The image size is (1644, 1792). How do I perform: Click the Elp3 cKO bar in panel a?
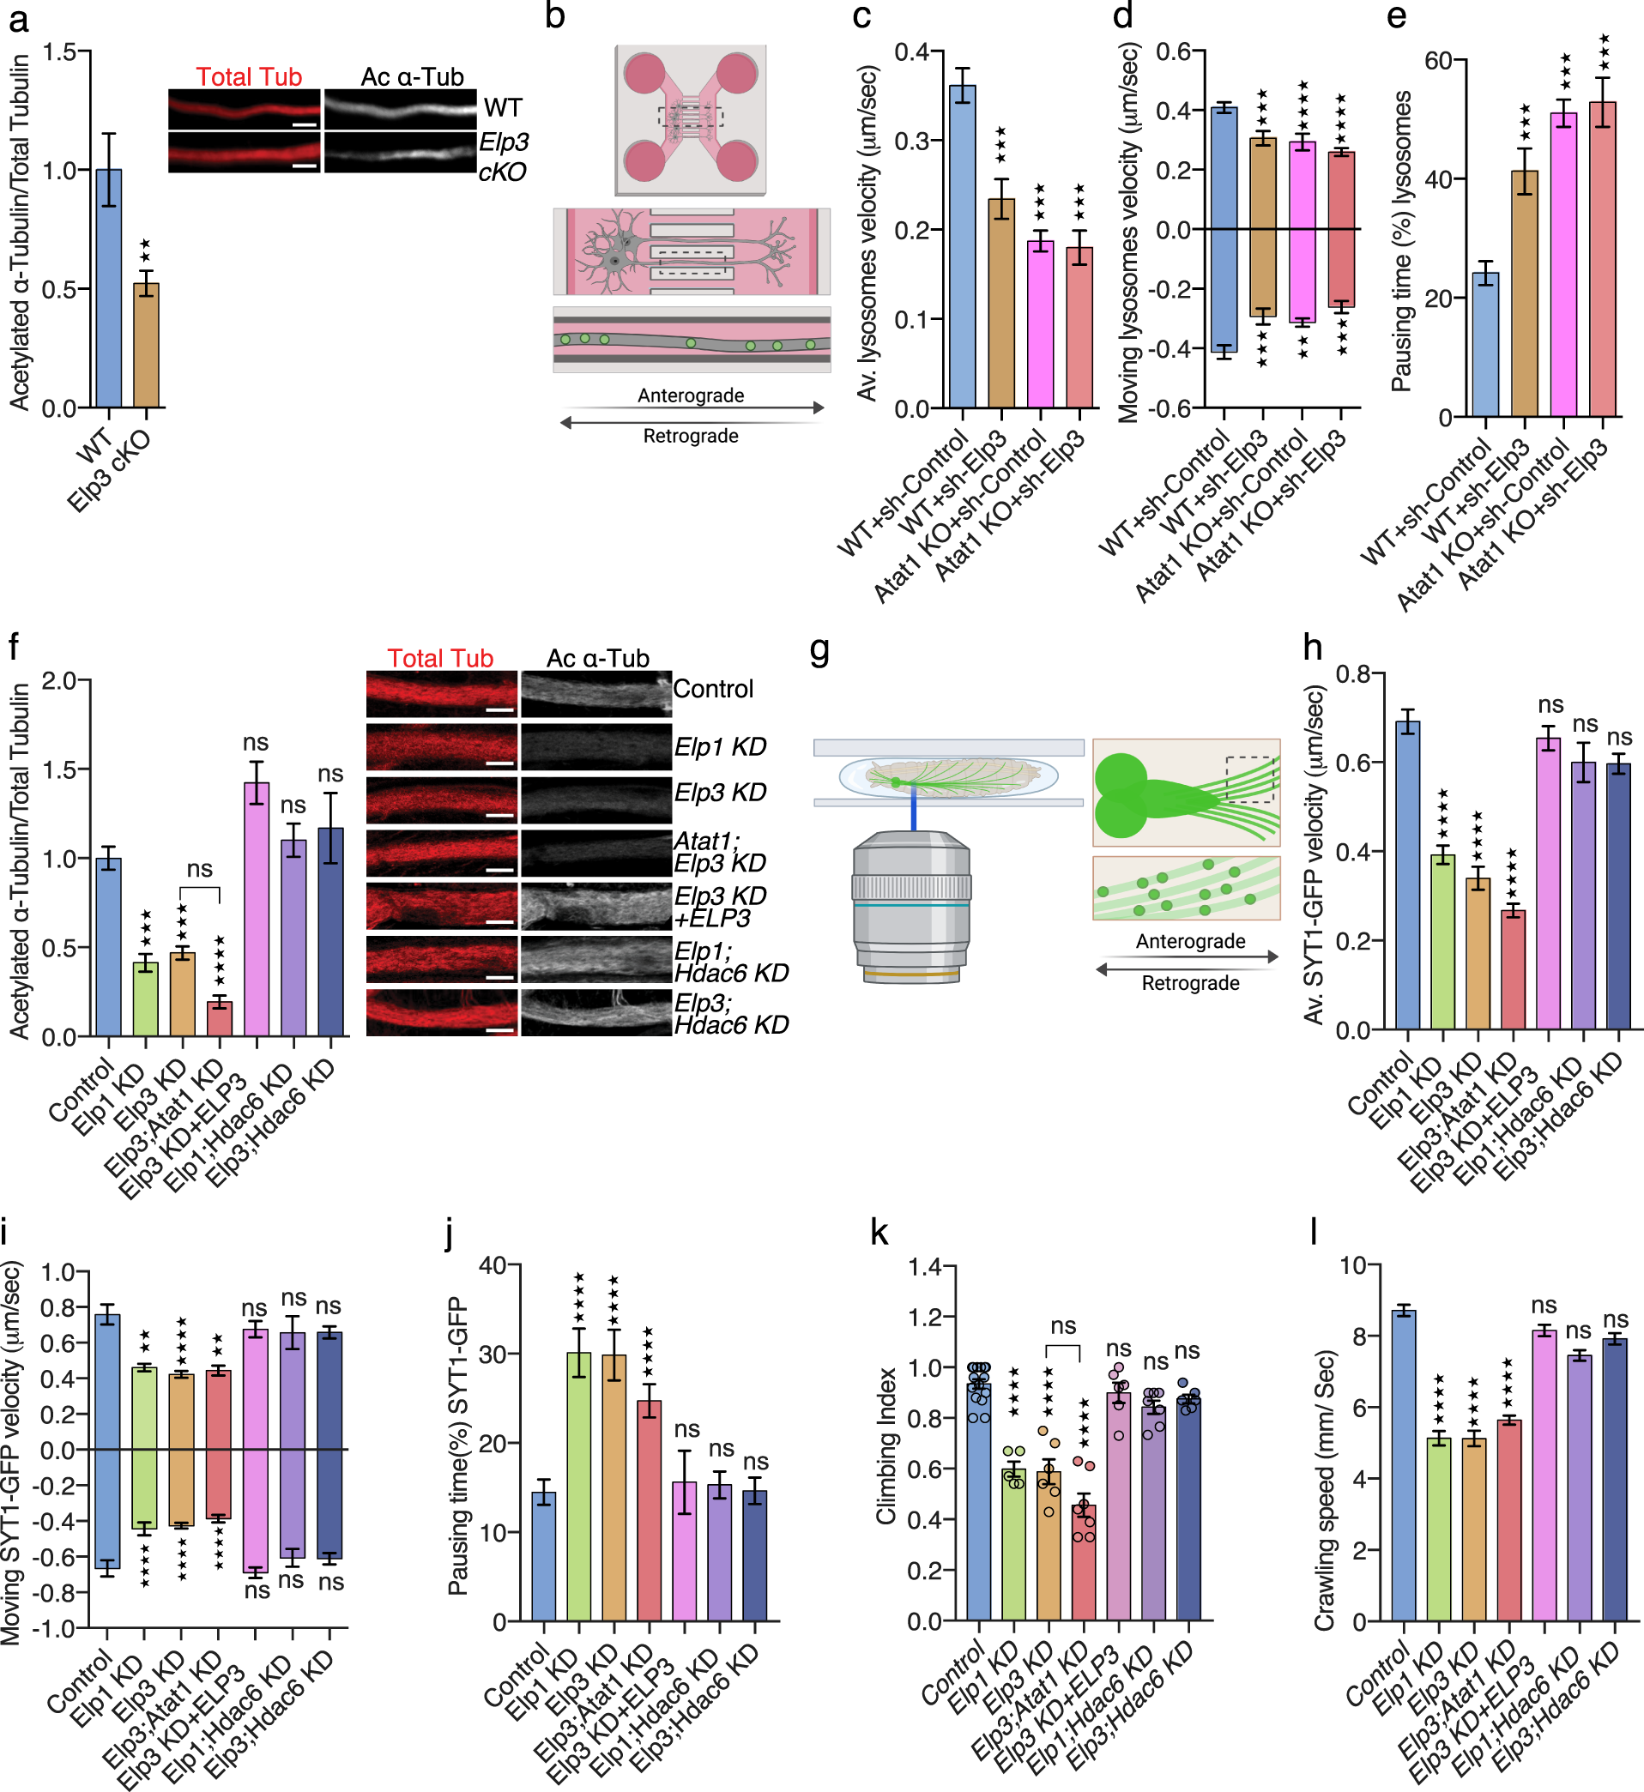[x=146, y=345]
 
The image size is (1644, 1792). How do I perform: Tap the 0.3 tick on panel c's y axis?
[x=912, y=142]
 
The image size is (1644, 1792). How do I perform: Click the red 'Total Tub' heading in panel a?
[x=249, y=77]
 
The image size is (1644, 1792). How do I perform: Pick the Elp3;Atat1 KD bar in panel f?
[x=220, y=1017]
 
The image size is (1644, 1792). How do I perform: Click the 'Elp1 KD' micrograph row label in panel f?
[x=720, y=747]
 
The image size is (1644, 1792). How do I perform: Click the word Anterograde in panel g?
[x=1190, y=941]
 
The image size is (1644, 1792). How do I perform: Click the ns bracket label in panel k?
[x=1063, y=1326]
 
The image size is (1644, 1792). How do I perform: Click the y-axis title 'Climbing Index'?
[x=885, y=1445]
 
